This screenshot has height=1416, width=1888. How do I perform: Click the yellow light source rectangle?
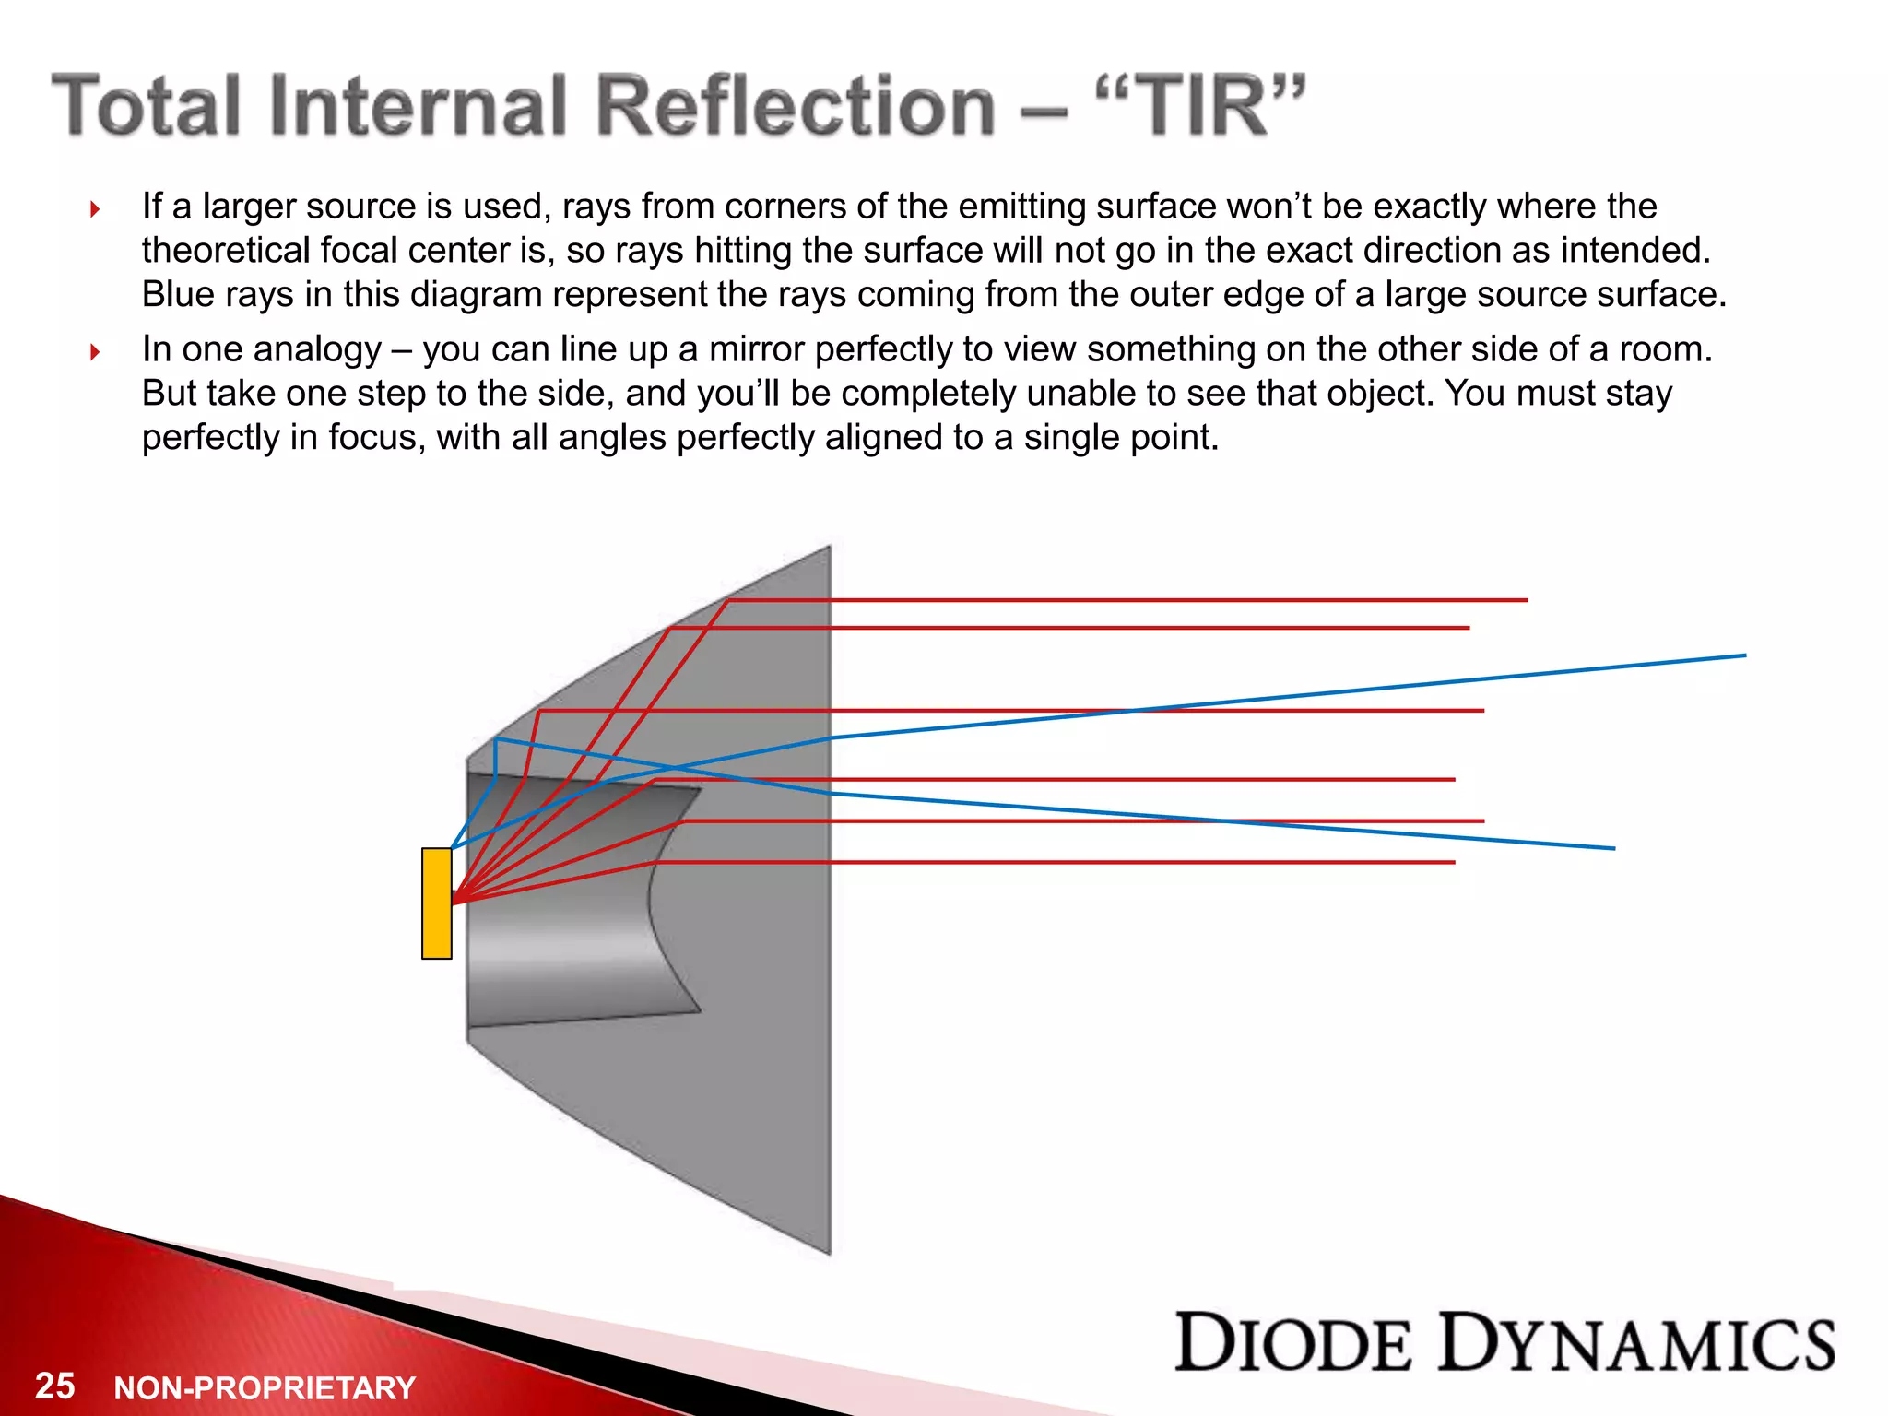pos(436,903)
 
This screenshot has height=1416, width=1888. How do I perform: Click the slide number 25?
pos(55,1386)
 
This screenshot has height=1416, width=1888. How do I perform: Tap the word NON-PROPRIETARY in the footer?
pos(265,1387)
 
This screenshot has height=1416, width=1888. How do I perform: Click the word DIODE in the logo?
pos(1292,1343)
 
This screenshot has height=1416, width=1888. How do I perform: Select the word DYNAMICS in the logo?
pos(1638,1343)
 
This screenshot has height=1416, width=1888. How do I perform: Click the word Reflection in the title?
pos(796,106)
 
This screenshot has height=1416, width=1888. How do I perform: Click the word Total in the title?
pos(147,106)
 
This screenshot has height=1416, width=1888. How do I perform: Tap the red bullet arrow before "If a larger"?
pos(95,209)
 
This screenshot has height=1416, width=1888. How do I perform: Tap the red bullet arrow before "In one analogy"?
pos(95,351)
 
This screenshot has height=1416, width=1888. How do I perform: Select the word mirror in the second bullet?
pos(756,349)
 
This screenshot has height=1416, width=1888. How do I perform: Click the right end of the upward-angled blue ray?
pos(1744,655)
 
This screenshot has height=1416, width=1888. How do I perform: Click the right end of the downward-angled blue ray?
pos(1613,848)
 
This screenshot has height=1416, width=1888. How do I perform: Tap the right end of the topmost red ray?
pos(1526,600)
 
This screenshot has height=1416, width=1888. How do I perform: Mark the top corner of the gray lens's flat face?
pos(830,547)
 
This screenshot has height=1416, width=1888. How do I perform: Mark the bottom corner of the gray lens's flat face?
pos(830,1253)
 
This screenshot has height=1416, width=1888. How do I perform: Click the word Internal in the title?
pos(418,106)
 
